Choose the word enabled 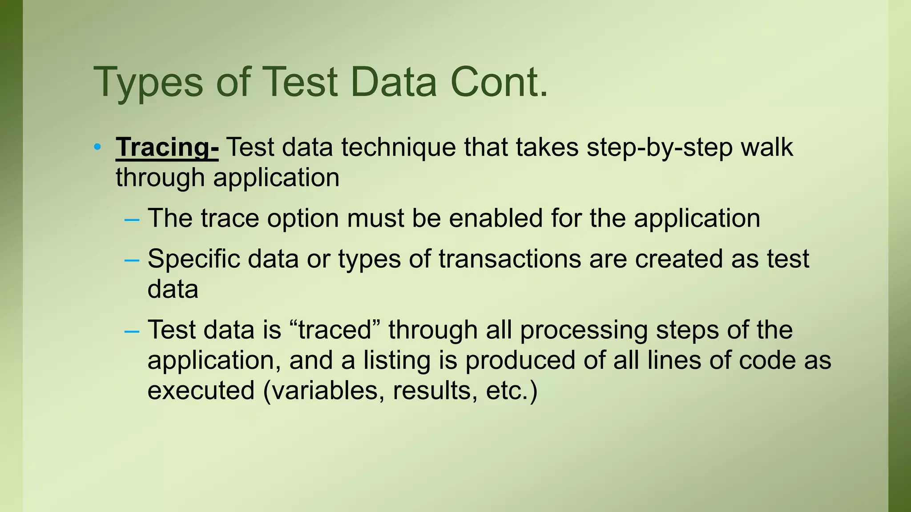[496, 218]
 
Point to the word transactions [510, 259]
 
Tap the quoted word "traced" [335, 330]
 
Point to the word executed [201, 390]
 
